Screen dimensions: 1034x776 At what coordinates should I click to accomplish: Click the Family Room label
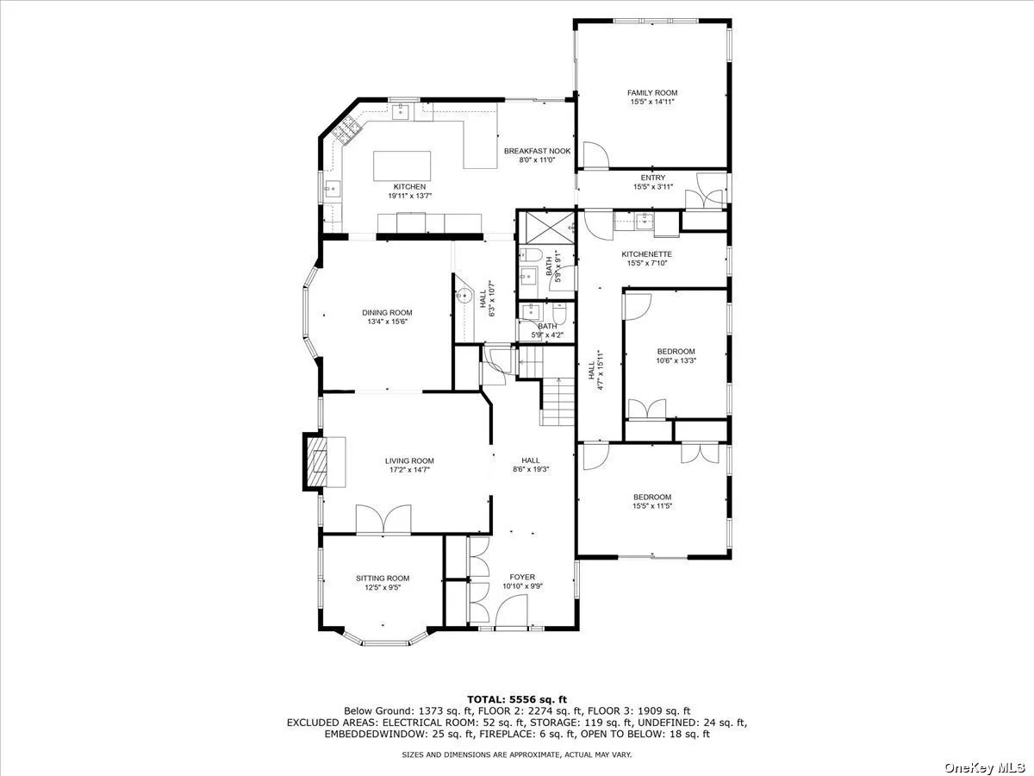pos(652,93)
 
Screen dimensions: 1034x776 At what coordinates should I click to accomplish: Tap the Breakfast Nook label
pos(537,151)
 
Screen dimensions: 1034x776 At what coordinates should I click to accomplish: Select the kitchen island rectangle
pos(402,166)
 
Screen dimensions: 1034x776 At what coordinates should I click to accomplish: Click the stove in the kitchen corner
pos(346,129)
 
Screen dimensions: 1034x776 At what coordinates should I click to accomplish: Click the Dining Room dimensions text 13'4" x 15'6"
pos(387,322)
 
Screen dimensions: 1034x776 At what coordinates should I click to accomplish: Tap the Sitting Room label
pos(383,578)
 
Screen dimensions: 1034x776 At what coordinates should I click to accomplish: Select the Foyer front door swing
pos(512,611)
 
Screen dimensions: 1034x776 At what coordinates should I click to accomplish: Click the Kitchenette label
pos(646,254)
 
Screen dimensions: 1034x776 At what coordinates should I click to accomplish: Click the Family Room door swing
pos(596,154)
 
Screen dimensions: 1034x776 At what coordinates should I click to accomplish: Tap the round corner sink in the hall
pos(464,296)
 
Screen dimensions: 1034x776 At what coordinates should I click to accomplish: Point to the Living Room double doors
pos(383,519)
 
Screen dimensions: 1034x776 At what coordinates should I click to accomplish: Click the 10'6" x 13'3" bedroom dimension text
pos(676,361)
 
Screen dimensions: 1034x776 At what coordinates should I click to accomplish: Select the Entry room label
pos(653,178)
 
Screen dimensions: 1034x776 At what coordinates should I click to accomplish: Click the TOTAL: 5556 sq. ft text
pos(517,699)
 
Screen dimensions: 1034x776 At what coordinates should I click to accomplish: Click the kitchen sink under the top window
pos(401,112)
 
